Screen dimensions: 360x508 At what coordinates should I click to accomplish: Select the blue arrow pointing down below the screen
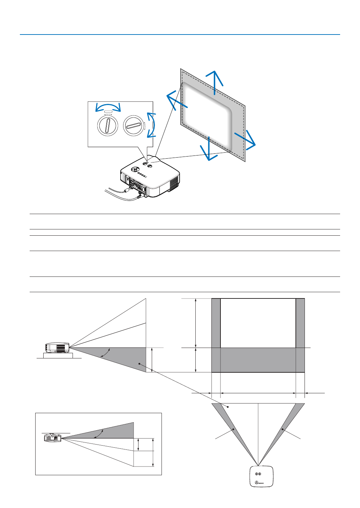coord(209,149)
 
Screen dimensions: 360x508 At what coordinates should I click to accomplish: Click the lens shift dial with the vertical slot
coord(108,126)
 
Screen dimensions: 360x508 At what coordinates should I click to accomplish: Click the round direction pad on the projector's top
coord(134,169)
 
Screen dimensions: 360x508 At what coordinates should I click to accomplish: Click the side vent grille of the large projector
coord(174,182)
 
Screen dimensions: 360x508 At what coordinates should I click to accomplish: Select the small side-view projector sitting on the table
coord(57,348)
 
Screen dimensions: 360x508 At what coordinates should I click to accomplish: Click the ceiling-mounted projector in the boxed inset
coord(52,438)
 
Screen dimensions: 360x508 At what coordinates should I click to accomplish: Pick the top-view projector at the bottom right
coord(261,476)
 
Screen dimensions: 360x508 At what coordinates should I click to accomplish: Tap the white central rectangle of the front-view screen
coord(258,323)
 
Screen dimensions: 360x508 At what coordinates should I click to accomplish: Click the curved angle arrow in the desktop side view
coord(105,352)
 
